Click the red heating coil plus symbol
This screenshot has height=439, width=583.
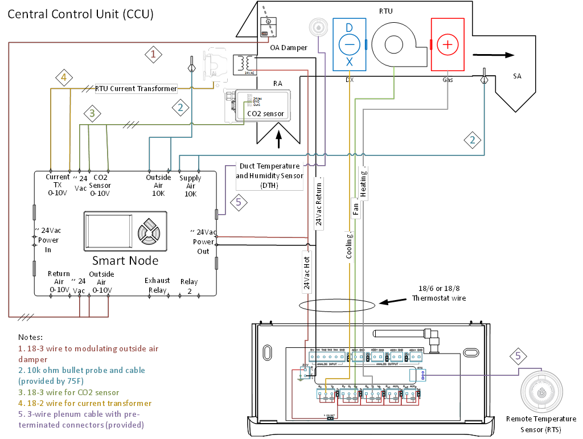pyautogui.click(x=448, y=44)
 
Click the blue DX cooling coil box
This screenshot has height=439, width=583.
pyautogui.click(x=350, y=44)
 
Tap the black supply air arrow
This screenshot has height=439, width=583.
pyautogui.click(x=493, y=55)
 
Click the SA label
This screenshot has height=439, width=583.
pyautogui.click(x=517, y=76)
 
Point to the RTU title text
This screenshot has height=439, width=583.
pyautogui.click(x=385, y=11)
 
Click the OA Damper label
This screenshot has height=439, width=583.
pyautogui.click(x=289, y=47)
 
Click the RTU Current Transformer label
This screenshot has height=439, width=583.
pyautogui.click(x=136, y=88)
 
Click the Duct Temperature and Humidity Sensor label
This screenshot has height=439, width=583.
pyautogui.click(x=270, y=175)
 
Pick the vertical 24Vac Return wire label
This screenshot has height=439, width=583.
pyautogui.click(x=319, y=202)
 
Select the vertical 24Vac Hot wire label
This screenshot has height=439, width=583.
pyautogui.click(x=306, y=272)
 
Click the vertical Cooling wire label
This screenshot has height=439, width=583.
pyautogui.click(x=349, y=246)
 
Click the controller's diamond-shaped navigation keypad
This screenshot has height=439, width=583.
pyautogui.click(x=149, y=231)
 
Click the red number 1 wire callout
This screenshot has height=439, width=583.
pyautogui.click(x=153, y=54)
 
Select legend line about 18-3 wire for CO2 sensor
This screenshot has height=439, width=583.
pyautogui.click(x=69, y=392)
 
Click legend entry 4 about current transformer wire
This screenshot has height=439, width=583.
pyautogui.click(x=85, y=403)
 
